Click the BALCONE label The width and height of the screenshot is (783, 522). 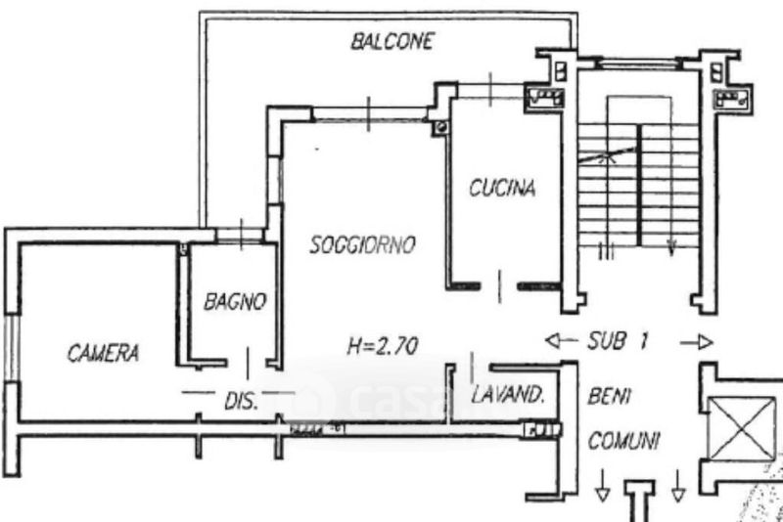point(391,42)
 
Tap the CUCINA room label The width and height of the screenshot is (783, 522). point(502,189)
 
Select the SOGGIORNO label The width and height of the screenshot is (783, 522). point(363,244)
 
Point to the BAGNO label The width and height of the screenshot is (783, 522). point(235,302)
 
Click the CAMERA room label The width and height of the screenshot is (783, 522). point(103,353)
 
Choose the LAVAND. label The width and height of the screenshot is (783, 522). point(508,396)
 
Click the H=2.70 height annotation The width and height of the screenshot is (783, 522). point(383,344)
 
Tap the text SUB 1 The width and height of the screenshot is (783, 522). point(620,342)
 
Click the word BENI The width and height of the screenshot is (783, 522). point(610,397)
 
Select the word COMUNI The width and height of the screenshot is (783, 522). point(623,442)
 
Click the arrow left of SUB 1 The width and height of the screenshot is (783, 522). point(559,341)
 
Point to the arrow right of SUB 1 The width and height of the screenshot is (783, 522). point(696,342)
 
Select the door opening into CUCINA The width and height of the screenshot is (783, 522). point(501,285)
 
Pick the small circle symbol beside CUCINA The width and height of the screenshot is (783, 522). point(439,126)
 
